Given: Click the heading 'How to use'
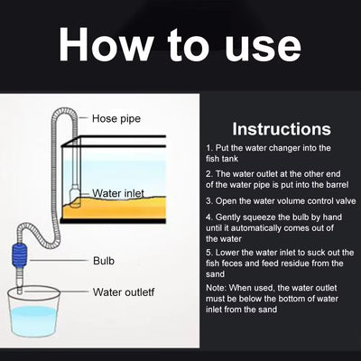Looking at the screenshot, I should [180, 46].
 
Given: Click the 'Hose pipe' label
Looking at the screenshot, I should [116, 118].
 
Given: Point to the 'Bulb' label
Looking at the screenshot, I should [104, 261].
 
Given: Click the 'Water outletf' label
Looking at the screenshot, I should [127, 292].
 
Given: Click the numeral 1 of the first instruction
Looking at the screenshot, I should [208, 147].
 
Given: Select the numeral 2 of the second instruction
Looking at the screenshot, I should [208, 172].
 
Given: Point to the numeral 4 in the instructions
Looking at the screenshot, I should [208, 218].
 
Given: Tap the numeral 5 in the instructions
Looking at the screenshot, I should [208, 254].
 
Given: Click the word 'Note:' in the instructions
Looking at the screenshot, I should [218, 288].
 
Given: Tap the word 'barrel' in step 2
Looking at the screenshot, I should [332, 183].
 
